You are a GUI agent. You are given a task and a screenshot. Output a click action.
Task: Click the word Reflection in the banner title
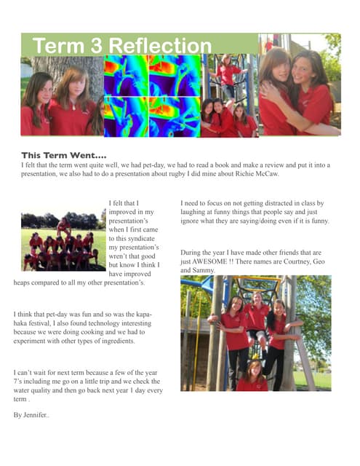(161, 46)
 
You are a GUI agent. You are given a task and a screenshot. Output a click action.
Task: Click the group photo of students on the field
(60, 240)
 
